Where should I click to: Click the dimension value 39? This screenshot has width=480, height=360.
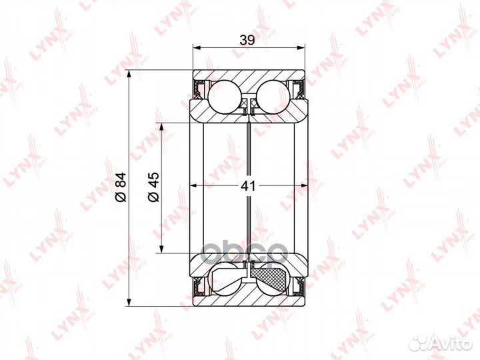pyautogui.click(x=247, y=40)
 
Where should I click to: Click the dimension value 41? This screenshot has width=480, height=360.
pyautogui.click(x=248, y=185)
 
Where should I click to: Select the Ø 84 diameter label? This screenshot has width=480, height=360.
pyautogui.click(x=121, y=187)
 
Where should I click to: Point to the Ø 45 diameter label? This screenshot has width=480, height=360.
pyautogui.click(x=154, y=187)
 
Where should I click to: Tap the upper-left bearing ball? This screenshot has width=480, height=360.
pyautogui.click(x=224, y=97)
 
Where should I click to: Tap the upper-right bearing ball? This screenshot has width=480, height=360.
pyautogui.click(x=273, y=97)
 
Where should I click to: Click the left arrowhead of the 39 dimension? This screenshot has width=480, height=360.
pyautogui.click(x=196, y=47)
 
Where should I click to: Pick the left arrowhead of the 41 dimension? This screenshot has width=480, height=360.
pyautogui.click(x=193, y=185)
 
